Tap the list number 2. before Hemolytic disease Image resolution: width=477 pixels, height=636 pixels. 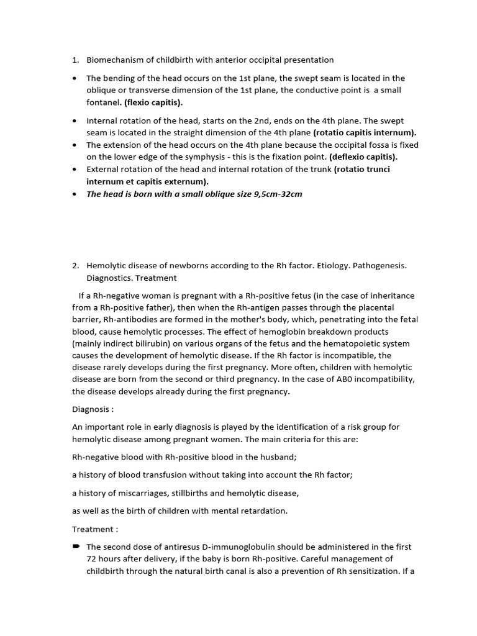point(75,265)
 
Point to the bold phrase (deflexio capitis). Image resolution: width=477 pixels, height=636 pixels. point(363,157)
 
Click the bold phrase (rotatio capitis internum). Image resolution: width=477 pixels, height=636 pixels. point(365,132)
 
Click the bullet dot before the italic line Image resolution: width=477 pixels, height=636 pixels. point(75,194)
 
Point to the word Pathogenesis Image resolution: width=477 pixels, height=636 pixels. point(379,265)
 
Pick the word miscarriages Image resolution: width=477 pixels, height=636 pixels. point(140,493)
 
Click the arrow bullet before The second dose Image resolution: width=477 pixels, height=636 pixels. point(76,547)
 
